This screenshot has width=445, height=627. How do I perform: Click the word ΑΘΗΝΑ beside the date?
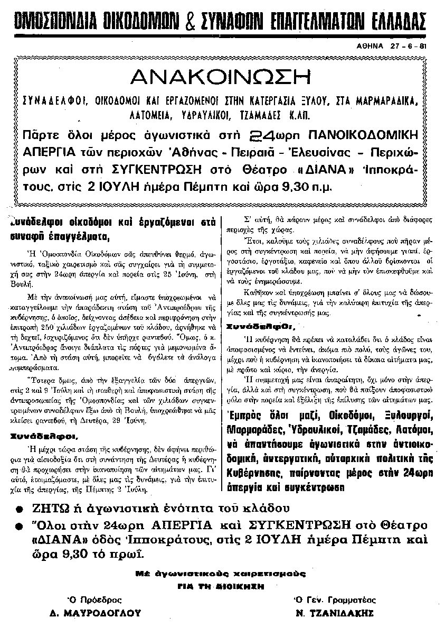click(x=369, y=46)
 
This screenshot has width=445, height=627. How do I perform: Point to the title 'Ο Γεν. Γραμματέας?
click(x=335, y=600)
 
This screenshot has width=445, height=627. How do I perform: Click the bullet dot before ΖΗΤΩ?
click(x=20, y=510)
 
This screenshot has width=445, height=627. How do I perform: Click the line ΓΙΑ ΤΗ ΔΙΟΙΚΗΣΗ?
click(x=221, y=585)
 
